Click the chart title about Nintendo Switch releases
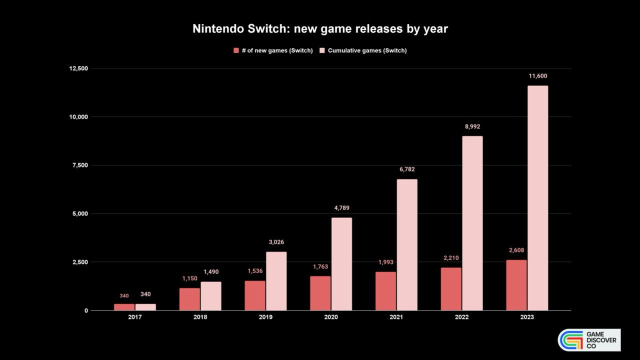pos(320,29)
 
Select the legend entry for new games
pos(273,50)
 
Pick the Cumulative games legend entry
pos(363,50)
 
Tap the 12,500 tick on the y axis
pos(78,68)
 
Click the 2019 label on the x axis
pos(265,317)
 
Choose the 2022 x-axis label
pos(461,317)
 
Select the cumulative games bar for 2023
pos(537,198)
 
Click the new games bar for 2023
pos(516,285)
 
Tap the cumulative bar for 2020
pos(341,264)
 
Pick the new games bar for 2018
pos(189,299)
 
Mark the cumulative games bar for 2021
pos(407,245)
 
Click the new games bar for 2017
pos(124,307)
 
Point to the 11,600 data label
pos(538,76)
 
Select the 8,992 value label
pos(472,126)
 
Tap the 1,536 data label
pos(255,271)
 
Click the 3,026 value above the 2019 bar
pos(276,242)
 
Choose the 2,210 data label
pos(451,258)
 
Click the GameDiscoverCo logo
pos(589,340)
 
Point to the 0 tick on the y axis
pos(86,310)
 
